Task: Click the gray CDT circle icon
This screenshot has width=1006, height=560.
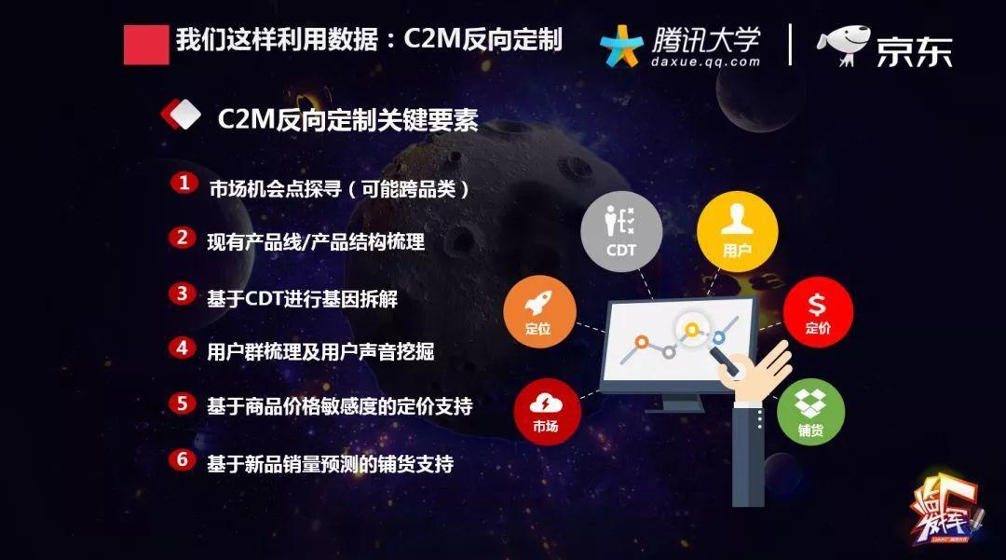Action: (620, 231)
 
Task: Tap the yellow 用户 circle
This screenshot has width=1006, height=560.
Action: (737, 231)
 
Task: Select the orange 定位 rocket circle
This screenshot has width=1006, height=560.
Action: (538, 311)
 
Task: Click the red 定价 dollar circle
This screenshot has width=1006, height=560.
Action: (818, 312)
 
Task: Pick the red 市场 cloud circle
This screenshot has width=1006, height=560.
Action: (547, 412)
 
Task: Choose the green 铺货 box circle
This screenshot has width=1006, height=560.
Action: (810, 412)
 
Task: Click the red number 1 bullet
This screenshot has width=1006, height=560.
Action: (184, 183)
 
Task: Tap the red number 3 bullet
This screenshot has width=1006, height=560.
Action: (183, 294)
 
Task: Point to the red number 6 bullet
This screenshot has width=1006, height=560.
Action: (183, 459)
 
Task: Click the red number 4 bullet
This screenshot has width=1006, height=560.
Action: (183, 348)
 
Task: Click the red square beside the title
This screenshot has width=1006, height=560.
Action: (146, 45)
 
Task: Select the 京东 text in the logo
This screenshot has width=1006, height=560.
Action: (915, 51)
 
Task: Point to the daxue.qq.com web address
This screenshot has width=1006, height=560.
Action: (705, 62)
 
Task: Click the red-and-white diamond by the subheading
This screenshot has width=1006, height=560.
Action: (181, 116)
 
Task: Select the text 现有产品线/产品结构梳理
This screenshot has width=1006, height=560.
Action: (316, 242)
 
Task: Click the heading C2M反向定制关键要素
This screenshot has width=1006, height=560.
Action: (347, 119)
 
